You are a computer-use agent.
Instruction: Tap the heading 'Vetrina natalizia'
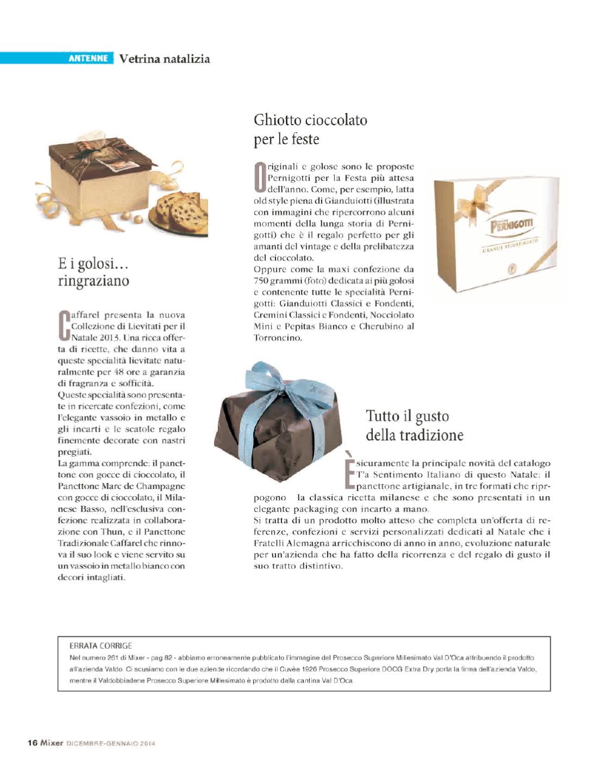164,59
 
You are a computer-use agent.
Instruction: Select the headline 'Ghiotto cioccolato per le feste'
310,130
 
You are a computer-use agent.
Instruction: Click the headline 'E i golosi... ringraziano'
94,272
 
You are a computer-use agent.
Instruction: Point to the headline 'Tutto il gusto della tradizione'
414,426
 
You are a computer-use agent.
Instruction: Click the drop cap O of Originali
260,178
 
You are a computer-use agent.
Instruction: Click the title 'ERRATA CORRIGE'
101,646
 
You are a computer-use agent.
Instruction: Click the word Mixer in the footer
52,743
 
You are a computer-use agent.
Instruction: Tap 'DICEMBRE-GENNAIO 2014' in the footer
111,744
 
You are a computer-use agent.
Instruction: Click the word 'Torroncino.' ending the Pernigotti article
278,337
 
